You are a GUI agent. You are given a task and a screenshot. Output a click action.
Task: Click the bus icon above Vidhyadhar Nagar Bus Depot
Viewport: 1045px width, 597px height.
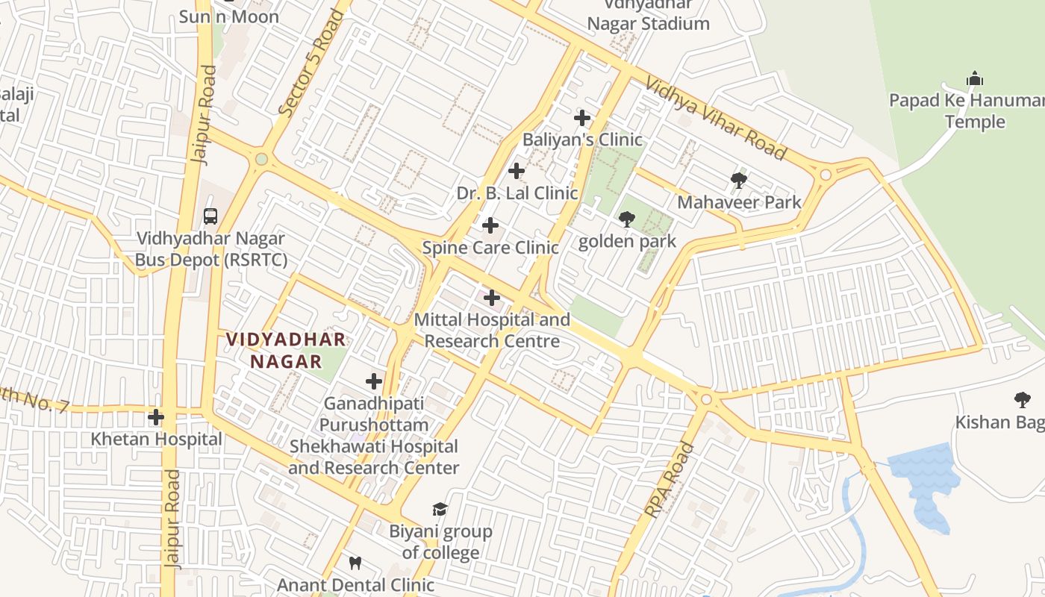[x=210, y=216]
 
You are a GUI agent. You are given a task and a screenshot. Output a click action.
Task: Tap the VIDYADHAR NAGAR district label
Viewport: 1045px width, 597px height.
[x=286, y=351]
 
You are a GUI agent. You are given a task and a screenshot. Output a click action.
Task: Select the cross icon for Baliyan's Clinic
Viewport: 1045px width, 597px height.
[x=582, y=118]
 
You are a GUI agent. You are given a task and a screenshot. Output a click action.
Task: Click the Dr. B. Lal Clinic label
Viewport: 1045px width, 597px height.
[x=517, y=193]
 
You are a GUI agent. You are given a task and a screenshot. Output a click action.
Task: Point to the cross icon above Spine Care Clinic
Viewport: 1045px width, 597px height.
[x=490, y=225]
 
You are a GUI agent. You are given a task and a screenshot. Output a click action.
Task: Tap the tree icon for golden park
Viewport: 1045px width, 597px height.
[x=627, y=219]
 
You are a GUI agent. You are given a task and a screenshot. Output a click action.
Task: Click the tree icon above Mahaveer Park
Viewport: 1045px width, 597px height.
[x=739, y=180]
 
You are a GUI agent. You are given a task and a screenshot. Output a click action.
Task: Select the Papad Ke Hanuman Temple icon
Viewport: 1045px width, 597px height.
[x=974, y=78]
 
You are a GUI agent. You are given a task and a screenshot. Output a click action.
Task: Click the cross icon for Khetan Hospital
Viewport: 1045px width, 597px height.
[x=156, y=417]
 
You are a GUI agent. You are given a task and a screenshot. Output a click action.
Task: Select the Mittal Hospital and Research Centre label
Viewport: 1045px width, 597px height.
[x=492, y=331]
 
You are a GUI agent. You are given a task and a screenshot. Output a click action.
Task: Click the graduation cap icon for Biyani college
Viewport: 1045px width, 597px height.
[x=440, y=510]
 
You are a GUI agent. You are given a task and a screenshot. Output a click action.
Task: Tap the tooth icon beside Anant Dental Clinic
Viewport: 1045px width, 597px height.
[x=355, y=563]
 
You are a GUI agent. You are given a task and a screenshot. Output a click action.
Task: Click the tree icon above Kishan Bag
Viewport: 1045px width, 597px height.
[x=1022, y=400]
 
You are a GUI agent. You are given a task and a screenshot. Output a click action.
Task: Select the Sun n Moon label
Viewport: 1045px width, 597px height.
[x=228, y=16]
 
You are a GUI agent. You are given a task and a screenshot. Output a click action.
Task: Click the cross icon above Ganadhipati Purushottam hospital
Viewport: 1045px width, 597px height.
[x=374, y=382]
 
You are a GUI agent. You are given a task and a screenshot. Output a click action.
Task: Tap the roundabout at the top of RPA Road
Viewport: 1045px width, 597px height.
[x=706, y=400]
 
